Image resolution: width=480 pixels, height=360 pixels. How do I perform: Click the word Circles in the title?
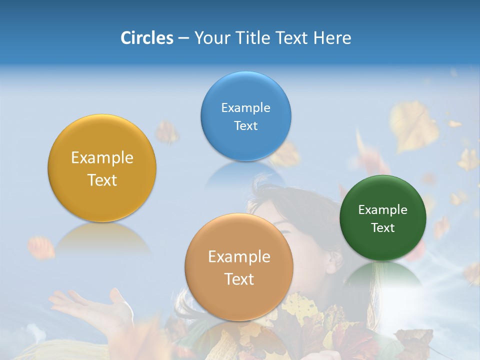point(146,38)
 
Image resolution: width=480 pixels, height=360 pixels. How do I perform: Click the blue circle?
point(245,116)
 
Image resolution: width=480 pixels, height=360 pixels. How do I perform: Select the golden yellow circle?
point(102,168)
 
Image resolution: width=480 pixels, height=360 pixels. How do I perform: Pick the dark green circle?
point(383,218)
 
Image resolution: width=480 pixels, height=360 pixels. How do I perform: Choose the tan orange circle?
point(239,267)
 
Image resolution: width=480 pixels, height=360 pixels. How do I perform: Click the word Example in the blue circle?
point(245,107)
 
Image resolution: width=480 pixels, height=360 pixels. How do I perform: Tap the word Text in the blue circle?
point(245,125)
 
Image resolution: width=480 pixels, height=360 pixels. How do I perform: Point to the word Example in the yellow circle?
point(102,158)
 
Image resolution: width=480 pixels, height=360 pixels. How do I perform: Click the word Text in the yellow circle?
point(102,180)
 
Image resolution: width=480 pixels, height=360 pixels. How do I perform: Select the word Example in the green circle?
point(383,209)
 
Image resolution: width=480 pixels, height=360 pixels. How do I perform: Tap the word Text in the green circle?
point(383,227)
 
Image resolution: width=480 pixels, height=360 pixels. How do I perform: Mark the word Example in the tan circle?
point(239,257)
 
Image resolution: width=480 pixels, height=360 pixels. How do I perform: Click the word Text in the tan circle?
point(239,279)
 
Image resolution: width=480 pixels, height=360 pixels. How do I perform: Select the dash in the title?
point(183,38)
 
